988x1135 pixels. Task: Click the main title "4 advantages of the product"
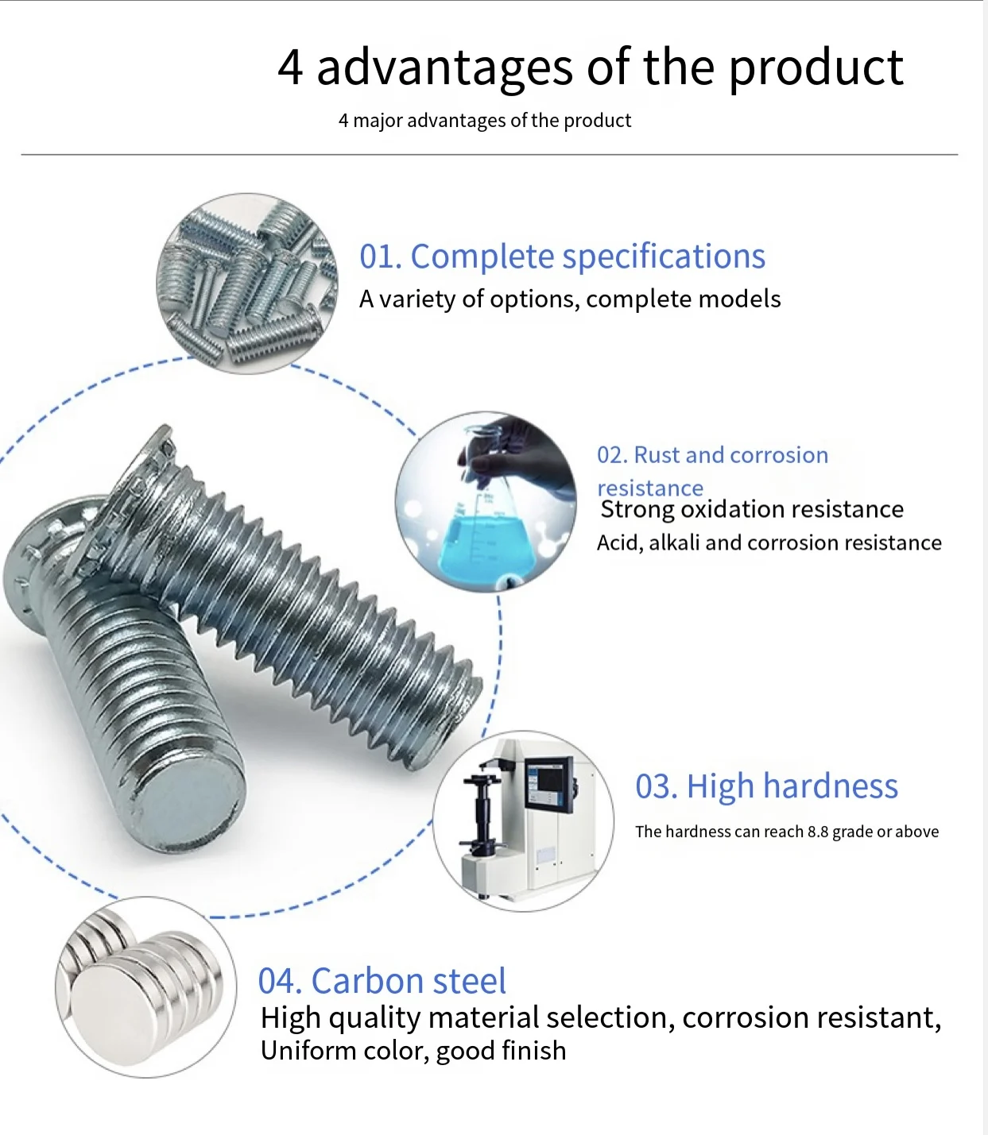tap(590, 67)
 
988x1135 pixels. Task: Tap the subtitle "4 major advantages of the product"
tap(484, 121)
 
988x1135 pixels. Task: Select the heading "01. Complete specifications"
tap(562, 257)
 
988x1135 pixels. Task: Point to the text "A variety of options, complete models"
tap(569, 299)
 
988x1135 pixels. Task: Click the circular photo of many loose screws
tap(246, 283)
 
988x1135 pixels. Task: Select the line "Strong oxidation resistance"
tap(751, 509)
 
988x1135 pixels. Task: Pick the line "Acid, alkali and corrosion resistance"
tap(769, 543)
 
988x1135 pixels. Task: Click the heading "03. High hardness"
tap(766, 786)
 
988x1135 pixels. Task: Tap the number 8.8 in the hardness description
tap(818, 832)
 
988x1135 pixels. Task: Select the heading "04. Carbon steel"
tap(382, 981)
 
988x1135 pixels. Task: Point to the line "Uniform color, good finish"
tap(413, 1051)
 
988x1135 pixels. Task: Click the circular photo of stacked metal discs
tap(145, 986)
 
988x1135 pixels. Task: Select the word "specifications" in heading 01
tap(664, 257)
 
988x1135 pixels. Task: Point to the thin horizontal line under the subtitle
tap(489, 154)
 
